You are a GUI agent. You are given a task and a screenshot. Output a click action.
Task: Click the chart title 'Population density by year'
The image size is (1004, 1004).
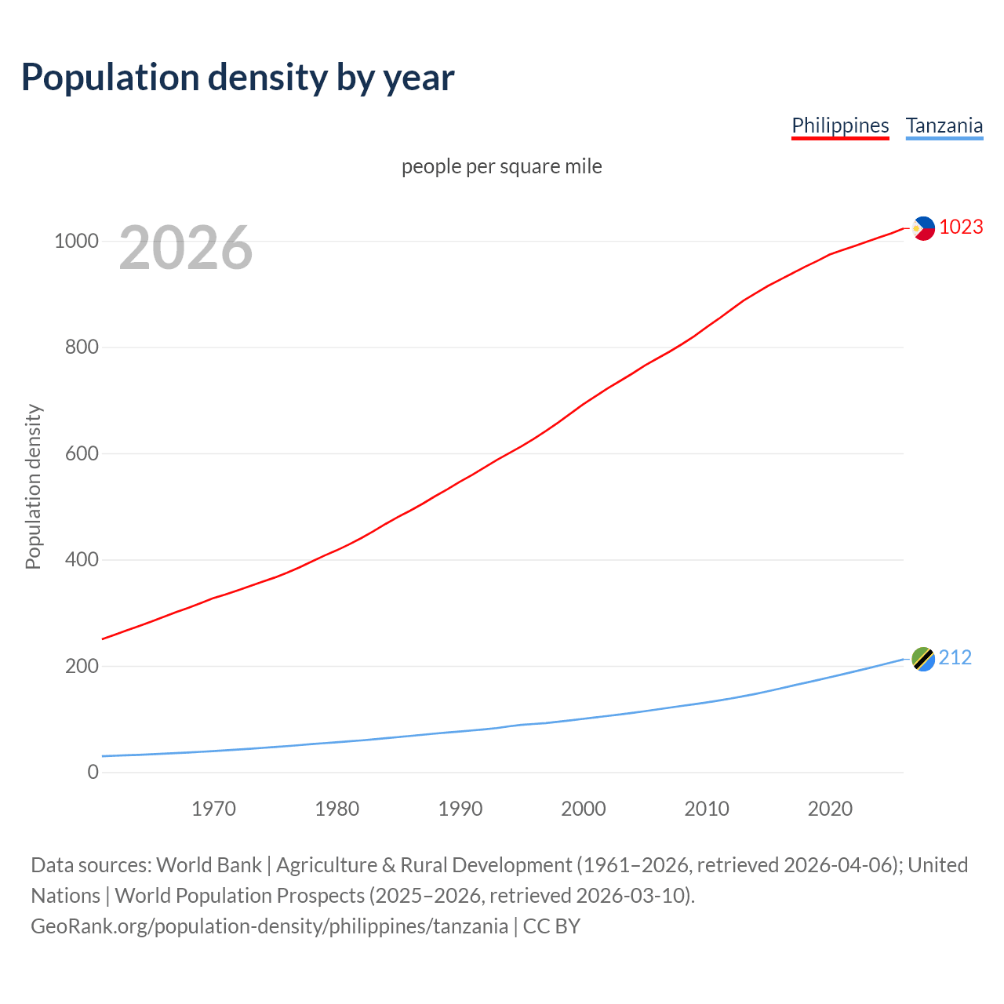click(238, 77)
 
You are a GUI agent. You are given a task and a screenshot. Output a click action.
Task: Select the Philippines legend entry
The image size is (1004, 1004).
click(840, 125)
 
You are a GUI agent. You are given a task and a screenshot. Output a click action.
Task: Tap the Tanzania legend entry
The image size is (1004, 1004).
click(944, 125)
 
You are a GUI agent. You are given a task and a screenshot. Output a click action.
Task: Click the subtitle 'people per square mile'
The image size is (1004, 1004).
click(502, 166)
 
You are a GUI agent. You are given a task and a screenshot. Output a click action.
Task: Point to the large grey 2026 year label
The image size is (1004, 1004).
click(186, 248)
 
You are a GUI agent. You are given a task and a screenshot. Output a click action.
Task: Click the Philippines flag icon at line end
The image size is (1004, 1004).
click(923, 228)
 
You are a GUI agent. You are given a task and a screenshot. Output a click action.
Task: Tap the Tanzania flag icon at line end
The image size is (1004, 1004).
click(923, 659)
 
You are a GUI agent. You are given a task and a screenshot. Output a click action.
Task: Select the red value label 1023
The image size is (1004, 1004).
click(961, 227)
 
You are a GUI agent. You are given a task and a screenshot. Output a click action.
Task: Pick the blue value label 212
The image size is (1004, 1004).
click(955, 657)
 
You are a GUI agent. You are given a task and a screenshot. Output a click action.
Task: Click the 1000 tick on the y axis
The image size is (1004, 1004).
click(76, 241)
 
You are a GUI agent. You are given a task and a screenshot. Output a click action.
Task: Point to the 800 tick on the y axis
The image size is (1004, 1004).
click(82, 347)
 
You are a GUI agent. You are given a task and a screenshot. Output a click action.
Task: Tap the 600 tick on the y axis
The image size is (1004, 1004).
click(82, 453)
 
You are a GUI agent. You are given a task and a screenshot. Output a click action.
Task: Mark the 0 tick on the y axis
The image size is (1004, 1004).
click(93, 772)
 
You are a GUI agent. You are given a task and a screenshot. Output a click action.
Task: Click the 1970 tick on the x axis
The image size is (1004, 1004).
click(213, 808)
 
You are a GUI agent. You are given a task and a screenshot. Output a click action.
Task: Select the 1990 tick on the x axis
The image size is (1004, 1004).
click(460, 808)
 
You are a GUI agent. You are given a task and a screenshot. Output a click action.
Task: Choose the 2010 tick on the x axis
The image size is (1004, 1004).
click(707, 808)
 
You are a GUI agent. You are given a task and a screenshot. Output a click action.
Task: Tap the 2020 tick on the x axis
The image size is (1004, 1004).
click(830, 808)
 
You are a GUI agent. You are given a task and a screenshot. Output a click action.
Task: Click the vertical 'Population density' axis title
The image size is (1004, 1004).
click(33, 486)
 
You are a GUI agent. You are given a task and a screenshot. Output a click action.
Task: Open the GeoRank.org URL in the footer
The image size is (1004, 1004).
click(269, 926)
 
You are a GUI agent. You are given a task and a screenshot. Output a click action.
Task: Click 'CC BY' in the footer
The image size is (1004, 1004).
click(551, 926)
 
